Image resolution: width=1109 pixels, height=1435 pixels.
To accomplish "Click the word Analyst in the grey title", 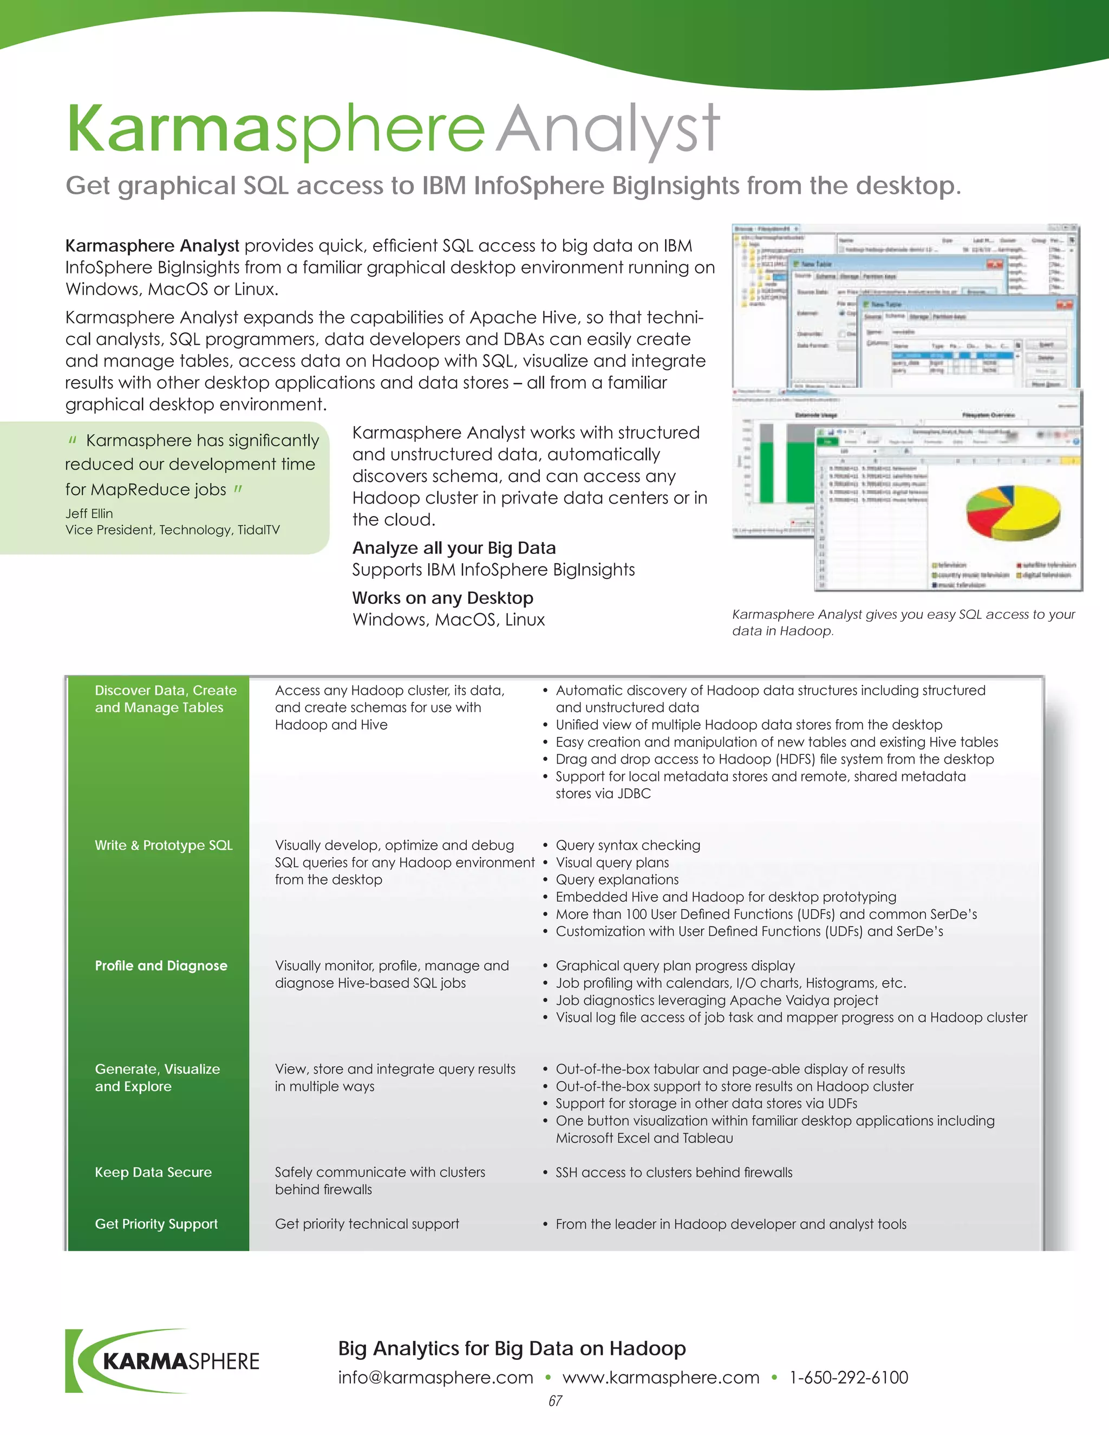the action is tap(608, 130).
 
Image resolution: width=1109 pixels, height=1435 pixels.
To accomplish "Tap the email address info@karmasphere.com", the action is tap(435, 1377).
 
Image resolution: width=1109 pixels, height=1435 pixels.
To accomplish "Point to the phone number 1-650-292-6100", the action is tap(849, 1377).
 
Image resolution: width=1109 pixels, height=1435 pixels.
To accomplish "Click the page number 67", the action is tap(555, 1401).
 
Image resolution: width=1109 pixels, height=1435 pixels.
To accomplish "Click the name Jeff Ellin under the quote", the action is tap(89, 513).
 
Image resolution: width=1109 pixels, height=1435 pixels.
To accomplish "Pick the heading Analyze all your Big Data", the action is tap(454, 548).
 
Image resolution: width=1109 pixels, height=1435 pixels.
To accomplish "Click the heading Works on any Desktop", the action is tap(443, 598).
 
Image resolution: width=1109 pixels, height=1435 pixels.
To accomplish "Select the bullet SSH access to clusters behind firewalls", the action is tap(674, 1172).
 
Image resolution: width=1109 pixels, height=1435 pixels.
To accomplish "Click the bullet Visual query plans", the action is tap(612, 862).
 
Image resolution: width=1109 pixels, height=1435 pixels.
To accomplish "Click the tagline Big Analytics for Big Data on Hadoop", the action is tap(512, 1348).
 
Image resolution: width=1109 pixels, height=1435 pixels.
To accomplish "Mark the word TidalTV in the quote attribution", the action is tap(259, 530).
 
